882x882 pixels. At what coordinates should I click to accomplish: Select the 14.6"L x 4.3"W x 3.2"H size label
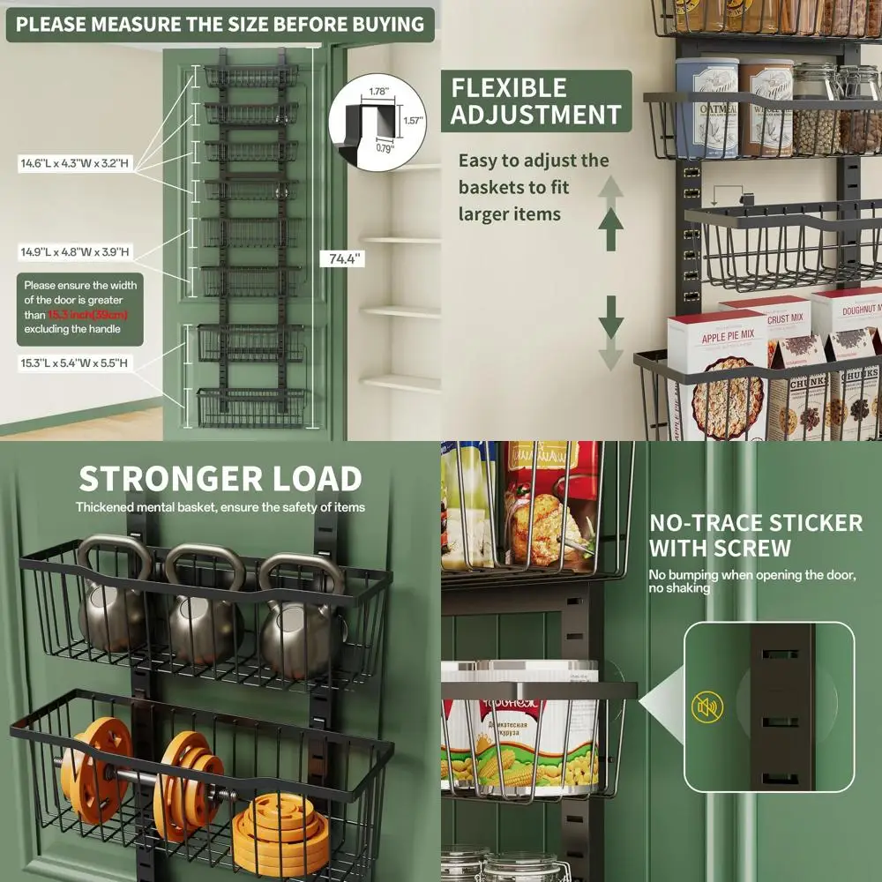tap(76, 163)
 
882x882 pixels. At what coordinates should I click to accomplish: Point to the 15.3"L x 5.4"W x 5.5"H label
tap(75, 363)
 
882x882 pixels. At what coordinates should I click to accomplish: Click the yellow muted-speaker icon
tap(707, 706)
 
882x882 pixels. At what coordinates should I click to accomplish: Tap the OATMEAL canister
tap(706, 106)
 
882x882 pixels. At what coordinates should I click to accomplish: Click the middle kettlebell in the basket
tap(204, 609)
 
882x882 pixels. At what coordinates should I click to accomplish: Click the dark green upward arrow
tap(610, 228)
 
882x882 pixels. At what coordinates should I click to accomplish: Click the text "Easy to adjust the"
tap(534, 161)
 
